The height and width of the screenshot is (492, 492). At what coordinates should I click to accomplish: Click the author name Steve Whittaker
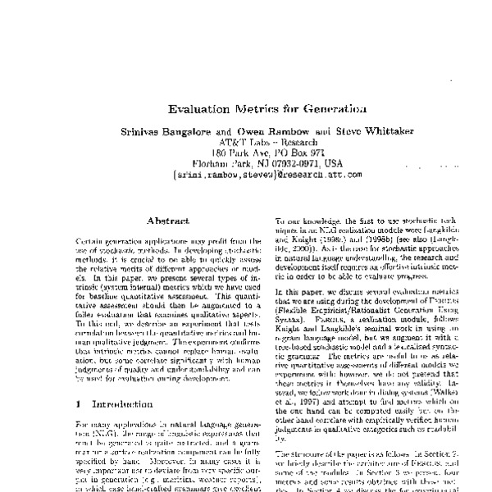pos(362,130)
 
